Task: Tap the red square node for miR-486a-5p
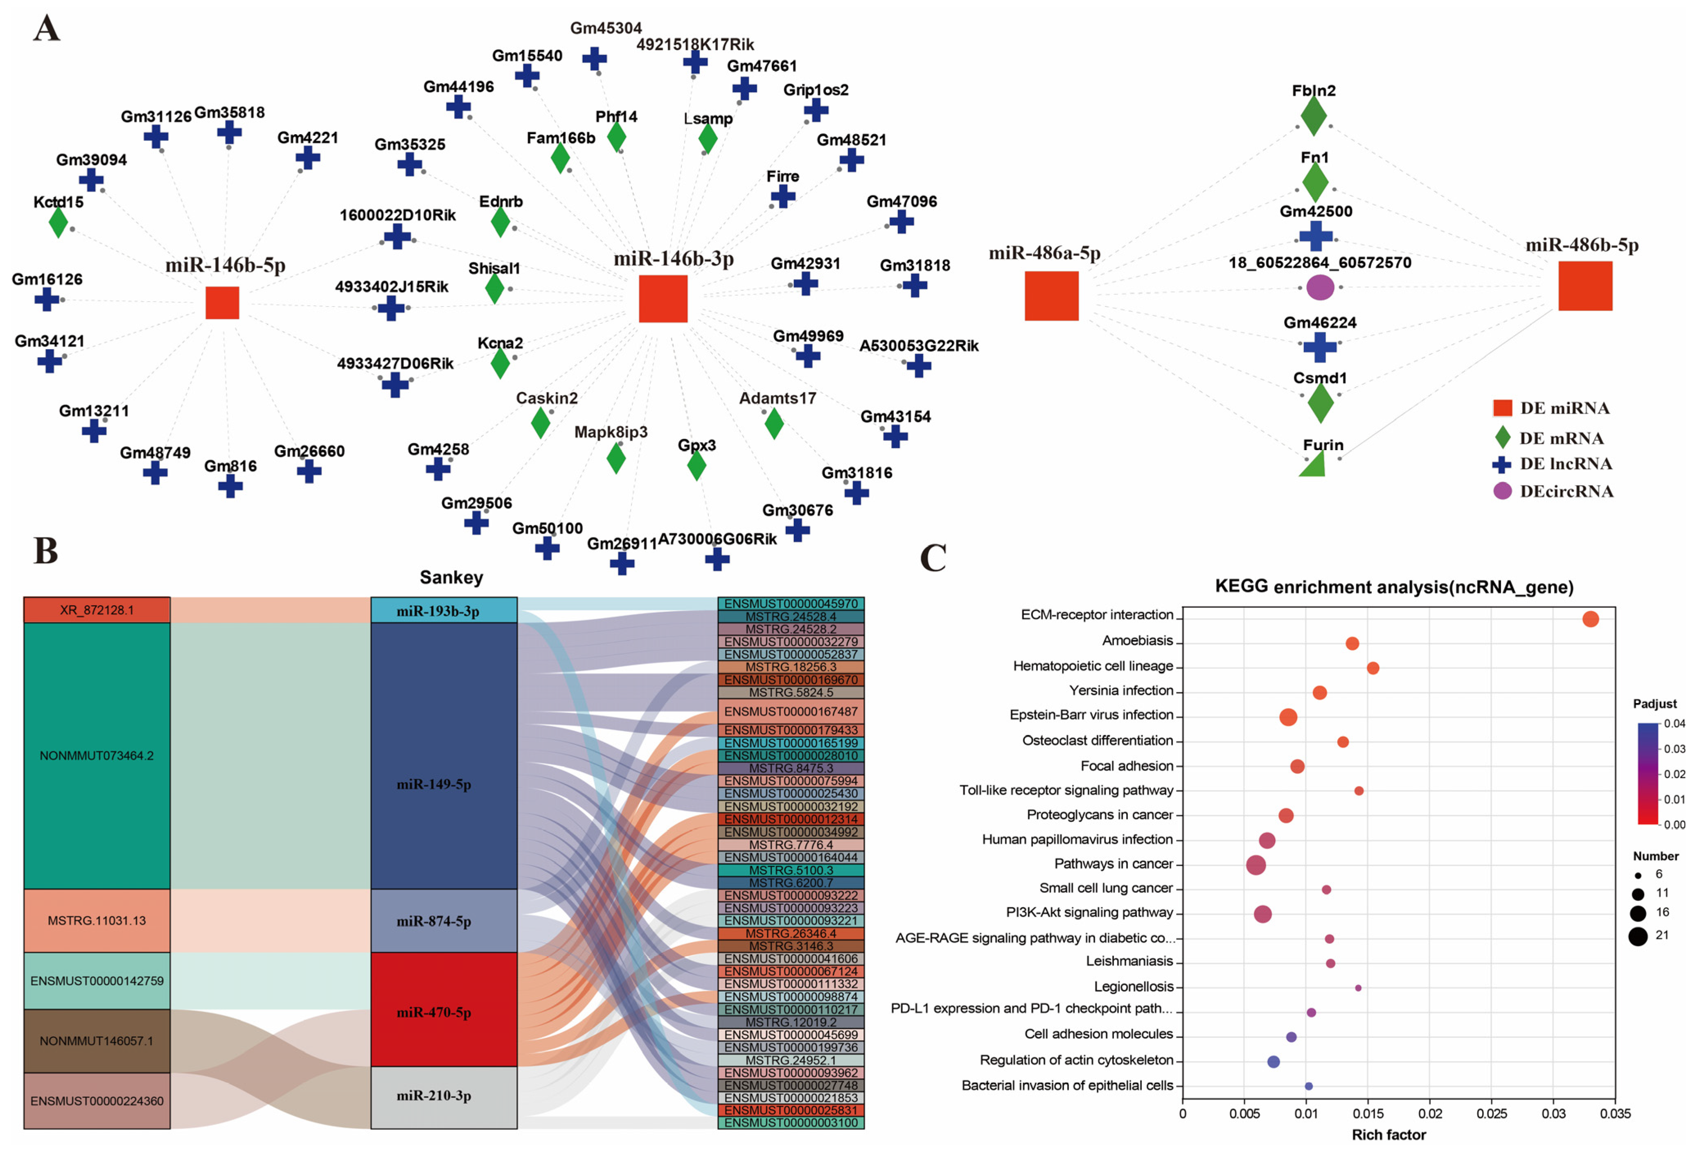[1051, 295]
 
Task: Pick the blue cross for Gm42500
[1316, 236]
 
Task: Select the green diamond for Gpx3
[696, 465]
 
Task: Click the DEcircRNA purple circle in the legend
[1502, 490]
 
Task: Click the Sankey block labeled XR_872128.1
[97, 610]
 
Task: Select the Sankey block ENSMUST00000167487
[791, 710]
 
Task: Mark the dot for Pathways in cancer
[1256, 865]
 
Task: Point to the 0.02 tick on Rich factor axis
[1429, 1114]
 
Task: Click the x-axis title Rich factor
[1388, 1134]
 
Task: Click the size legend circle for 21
[1637, 936]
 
